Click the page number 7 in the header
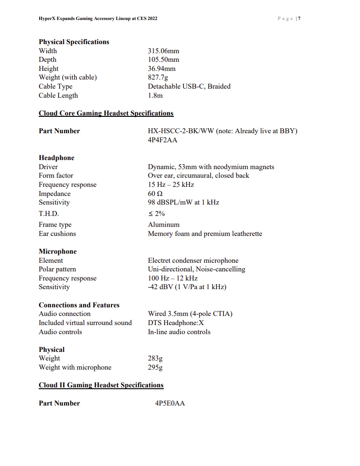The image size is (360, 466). click(x=299, y=19)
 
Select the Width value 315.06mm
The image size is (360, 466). click(x=163, y=51)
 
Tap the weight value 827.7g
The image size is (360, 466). click(x=158, y=77)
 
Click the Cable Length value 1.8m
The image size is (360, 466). click(x=155, y=95)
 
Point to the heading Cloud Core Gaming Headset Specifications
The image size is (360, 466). click(x=106, y=113)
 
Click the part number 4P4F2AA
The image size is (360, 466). click(x=162, y=140)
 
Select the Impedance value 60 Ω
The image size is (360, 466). click(x=155, y=194)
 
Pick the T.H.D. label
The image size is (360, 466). click(x=49, y=214)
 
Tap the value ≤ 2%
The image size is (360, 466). click(x=156, y=214)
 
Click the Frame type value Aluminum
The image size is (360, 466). click(x=163, y=225)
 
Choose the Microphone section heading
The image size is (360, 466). click(x=58, y=251)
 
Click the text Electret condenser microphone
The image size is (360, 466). click(x=193, y=261)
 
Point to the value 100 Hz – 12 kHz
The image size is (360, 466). click(x=172, y=278)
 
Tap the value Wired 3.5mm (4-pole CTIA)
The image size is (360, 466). click(x=190, y=314)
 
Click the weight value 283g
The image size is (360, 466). click(x=155, y=358)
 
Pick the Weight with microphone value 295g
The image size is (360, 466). click(x=155, y=367)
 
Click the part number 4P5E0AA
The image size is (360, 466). click(x=170, y=403)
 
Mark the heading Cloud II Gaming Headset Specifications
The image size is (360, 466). click(x=101, y=385)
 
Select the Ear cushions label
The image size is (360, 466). click(x=57, y=234)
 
